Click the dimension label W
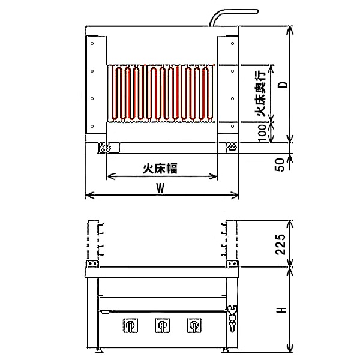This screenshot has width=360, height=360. point(160,188)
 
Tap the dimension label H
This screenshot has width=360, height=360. point(281,310)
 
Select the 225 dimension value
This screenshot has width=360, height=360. point(281,244)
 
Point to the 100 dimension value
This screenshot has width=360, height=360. point(262,133)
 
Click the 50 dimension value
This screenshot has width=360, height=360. point(280,164)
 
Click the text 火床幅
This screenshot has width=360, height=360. point(160,169)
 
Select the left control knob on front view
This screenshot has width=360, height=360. point(130,325)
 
